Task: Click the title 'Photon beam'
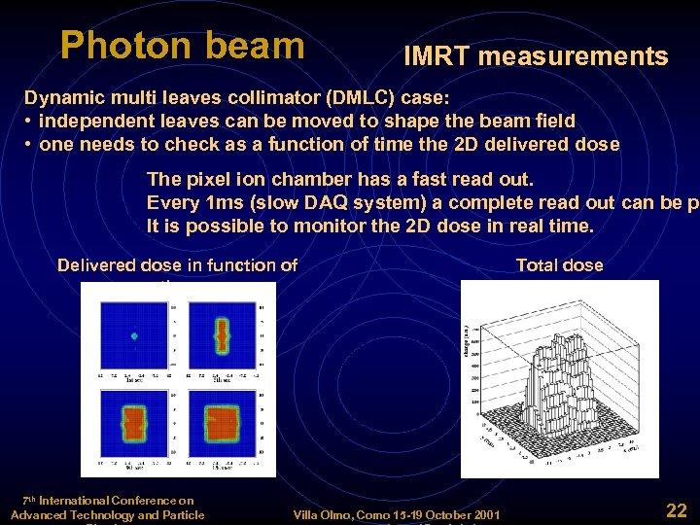pos(182,45)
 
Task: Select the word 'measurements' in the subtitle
pos(573,57)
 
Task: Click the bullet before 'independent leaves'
pos(30,122)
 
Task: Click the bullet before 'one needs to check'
pos(30,145)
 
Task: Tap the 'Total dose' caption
pos(559,265)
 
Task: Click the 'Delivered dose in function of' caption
pos(177,265)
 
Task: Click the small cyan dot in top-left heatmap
pos(134,336)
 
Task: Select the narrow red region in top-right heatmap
pos(223,335)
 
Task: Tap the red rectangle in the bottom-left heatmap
pos(134,426)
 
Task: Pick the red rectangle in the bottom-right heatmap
pos(223,425)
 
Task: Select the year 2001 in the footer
pos(483,514)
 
